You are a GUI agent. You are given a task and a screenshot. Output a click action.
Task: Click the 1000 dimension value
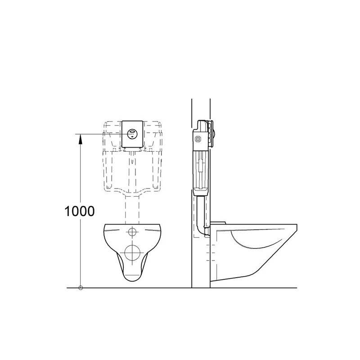click(x=80, y=211)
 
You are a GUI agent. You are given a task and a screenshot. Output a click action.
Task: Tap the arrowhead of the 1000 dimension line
click(x=81, y=139)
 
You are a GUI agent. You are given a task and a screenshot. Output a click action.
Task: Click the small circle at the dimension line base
click(x=81, y=288)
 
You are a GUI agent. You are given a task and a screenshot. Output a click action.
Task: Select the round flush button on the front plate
click(x=132, y=134)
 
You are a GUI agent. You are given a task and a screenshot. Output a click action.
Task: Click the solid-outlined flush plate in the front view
click(x=132, y=134)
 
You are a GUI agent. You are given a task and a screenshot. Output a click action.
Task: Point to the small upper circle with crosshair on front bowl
click(x=132, y=232)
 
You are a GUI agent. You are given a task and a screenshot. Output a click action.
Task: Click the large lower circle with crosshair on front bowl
click(x=132, y=252)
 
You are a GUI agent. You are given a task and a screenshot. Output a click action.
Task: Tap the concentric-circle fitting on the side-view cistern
click(x=198, y=139)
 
